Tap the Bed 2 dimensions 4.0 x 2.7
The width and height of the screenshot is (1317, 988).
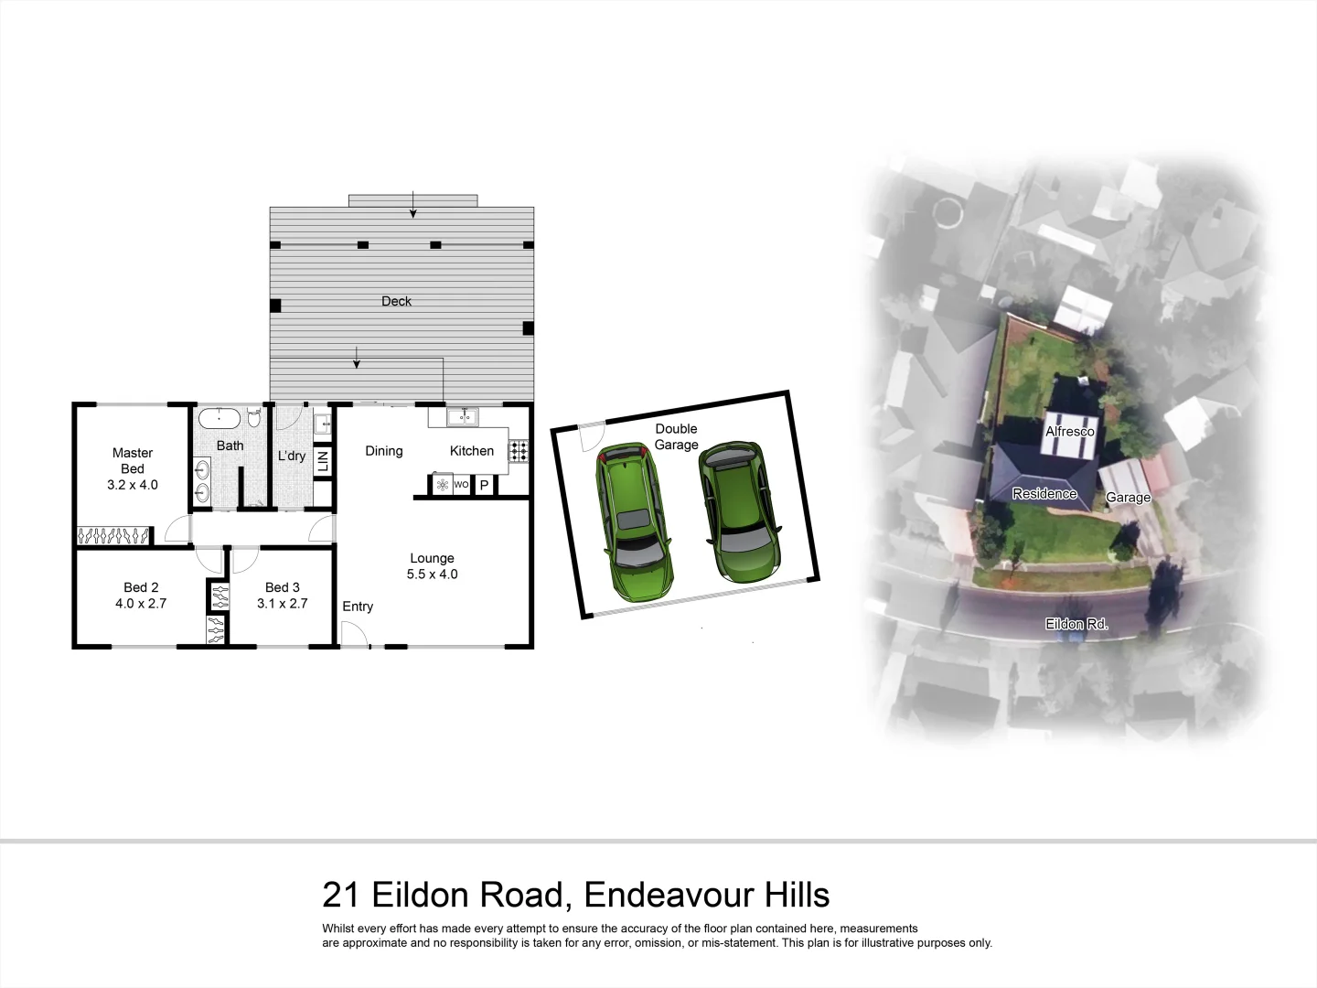coord(141,604)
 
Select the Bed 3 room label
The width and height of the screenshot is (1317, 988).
coord(283,587)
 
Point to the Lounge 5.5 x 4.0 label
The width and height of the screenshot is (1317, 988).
coord(432,566)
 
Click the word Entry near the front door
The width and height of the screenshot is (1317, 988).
coord(358,607)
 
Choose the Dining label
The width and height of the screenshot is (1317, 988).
coord(384,451)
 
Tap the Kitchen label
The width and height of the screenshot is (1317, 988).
coord(472,451)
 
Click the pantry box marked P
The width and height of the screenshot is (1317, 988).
coord(484,485)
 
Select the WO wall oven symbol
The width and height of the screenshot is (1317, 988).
coord(461,485)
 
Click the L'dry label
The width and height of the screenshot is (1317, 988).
coord(292,456)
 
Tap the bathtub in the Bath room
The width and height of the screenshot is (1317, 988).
coord(219,419)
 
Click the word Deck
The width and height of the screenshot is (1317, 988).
coord(396,301)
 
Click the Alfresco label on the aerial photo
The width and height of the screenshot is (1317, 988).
coord(1070,431)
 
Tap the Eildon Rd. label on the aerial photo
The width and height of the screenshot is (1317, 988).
coord(1076,624)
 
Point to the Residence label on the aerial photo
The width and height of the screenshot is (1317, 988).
coord(1044,494)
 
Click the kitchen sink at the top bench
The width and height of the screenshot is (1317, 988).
coord(462,418)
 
